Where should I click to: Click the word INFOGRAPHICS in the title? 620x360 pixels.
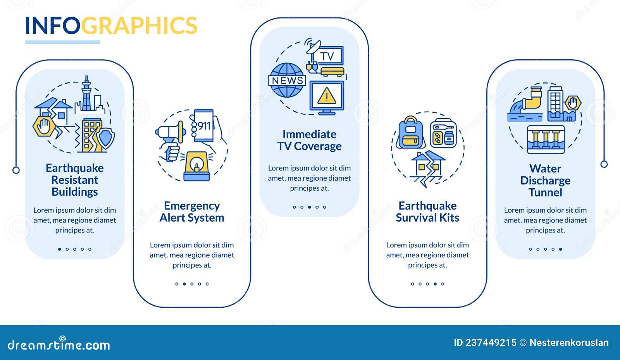coord(111,26)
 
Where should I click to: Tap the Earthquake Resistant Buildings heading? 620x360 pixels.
coord(75,180)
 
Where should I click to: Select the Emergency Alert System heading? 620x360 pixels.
coord(192,212)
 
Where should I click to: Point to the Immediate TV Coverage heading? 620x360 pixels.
coord(310,140)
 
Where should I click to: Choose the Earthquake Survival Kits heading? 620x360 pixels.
coord(427,212)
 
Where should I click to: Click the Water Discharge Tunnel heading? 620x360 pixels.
coord(545,181)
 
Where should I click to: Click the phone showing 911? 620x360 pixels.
coord(204,126)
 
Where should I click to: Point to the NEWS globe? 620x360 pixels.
coord(287,80)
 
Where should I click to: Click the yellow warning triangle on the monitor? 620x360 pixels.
coord(327,96)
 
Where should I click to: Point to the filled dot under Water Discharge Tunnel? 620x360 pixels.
coord(560,249)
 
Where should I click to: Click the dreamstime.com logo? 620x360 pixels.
coord(59,344)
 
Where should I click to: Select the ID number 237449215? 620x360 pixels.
coord(491,343)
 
